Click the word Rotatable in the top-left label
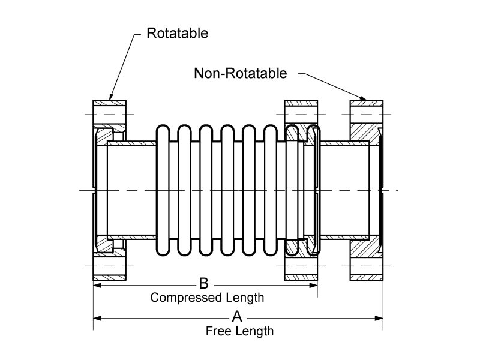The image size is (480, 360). (x=178, y=33)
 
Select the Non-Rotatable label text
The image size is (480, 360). (x=241, y=73)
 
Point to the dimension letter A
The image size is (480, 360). (x=237, y=316)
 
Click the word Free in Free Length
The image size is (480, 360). (x=217, y=331)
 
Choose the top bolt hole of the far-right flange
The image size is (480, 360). (x=365, y=113)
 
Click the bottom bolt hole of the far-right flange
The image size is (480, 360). (x=365, y=265)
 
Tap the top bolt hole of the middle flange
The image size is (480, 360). (x=301, y=113)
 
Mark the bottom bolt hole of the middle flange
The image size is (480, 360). (x=301, y=265)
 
